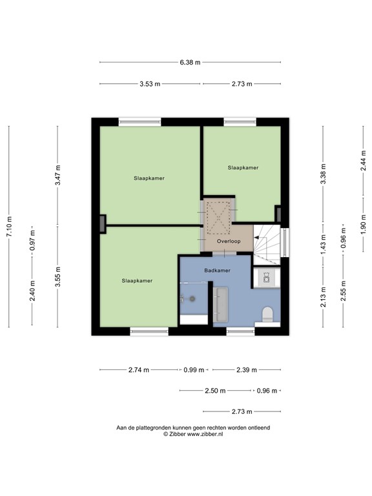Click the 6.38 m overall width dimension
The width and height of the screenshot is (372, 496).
tap(190, 63)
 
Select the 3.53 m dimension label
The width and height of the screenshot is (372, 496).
tap(149, 84)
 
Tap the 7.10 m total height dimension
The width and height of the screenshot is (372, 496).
tap(9, 226)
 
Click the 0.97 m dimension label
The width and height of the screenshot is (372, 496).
tap(32, 241)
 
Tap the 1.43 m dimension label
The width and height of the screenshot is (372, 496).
tap(323, 247)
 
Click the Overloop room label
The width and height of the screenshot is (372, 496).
tap(229, 242)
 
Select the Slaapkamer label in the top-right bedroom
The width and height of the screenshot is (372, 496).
tap(243, 167)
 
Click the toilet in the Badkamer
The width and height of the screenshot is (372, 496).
tap(267, 314)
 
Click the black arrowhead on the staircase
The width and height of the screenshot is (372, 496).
tap(256, 238)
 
